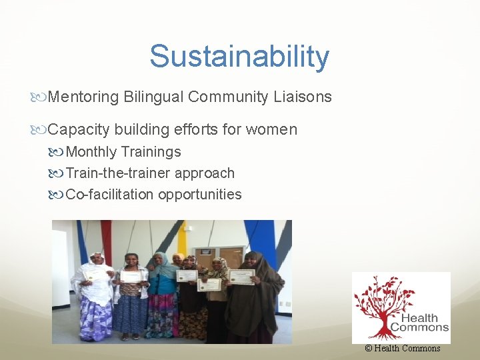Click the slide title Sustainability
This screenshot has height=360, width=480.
(x=239, y=56)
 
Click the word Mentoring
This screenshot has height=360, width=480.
(x=83, y=97)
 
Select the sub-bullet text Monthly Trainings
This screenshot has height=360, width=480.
(x=123, y=152)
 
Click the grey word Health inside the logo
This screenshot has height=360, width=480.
(x=425, y=318)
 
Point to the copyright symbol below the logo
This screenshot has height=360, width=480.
(x=368, y=348)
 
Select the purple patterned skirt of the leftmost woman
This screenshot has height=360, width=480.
(x=95, y=319)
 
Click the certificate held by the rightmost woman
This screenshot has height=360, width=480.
(x=241, y=276)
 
